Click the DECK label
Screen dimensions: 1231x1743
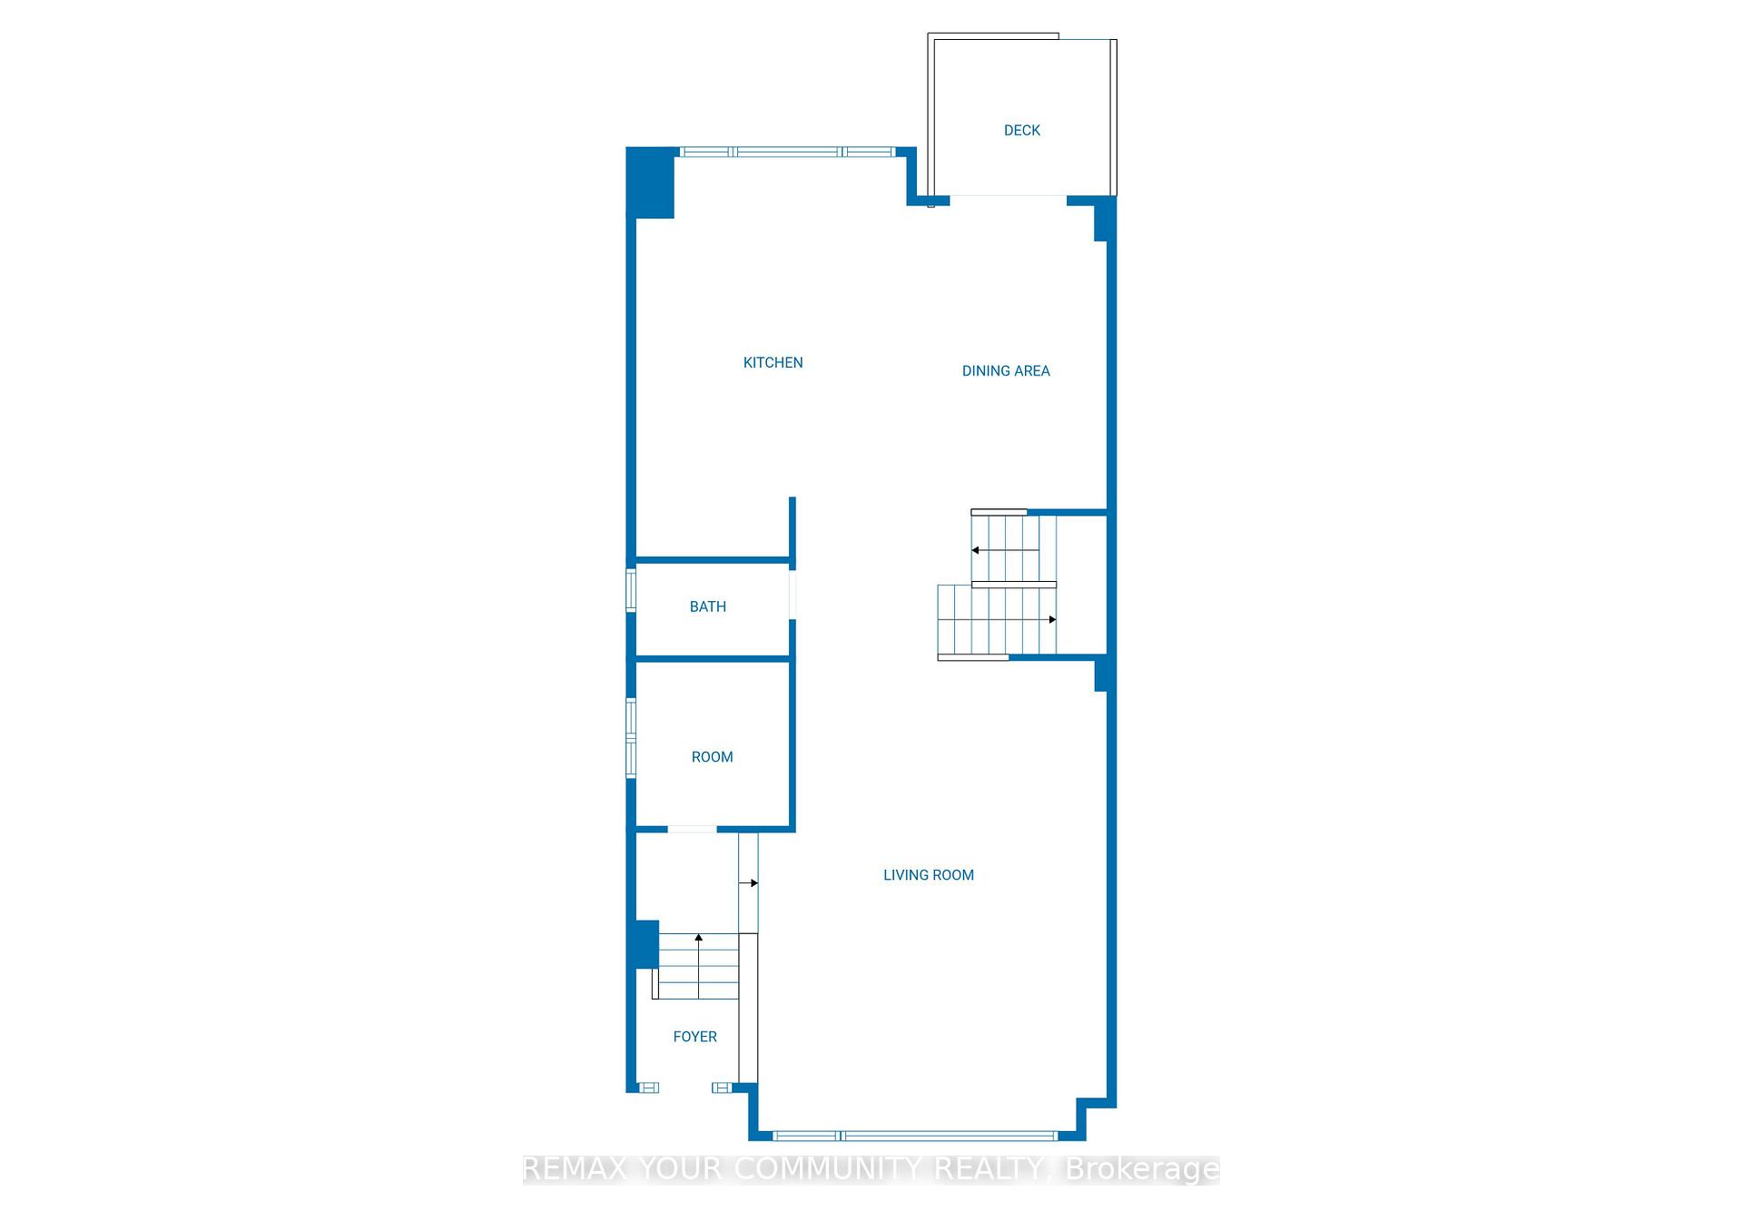[x=1021, y=131]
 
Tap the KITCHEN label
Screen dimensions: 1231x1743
[x=773, y=363]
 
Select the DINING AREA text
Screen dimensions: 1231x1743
[x=1005, y=371]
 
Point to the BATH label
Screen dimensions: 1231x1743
[x=707, y=607]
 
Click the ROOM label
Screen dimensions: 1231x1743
[x=712, y=757]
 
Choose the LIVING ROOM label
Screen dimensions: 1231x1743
[x=928, y=875]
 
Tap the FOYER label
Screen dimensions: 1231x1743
[x=694, y=1037]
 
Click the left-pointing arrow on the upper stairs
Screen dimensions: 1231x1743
[x=976, y=550]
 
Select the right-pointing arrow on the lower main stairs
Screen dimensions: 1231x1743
[x=1051, y=619]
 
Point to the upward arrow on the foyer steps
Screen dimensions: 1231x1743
[x=698, y=938]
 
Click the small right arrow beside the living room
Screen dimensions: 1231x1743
[x=752, y=882]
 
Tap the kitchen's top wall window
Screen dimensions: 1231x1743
[x=787, y=152]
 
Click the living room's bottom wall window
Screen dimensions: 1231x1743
[x=914, y=1136]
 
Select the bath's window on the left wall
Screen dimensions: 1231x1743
[x=631, y=590]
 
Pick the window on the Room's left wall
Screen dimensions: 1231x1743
[x=631, y=737]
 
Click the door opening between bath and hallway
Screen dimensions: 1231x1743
[x=793, y=595]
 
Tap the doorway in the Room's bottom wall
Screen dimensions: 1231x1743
[x=692, y=829]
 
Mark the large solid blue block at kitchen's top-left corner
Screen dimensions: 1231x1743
[x=651, y=182]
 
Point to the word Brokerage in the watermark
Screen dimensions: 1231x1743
[x=1142, y=1169]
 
